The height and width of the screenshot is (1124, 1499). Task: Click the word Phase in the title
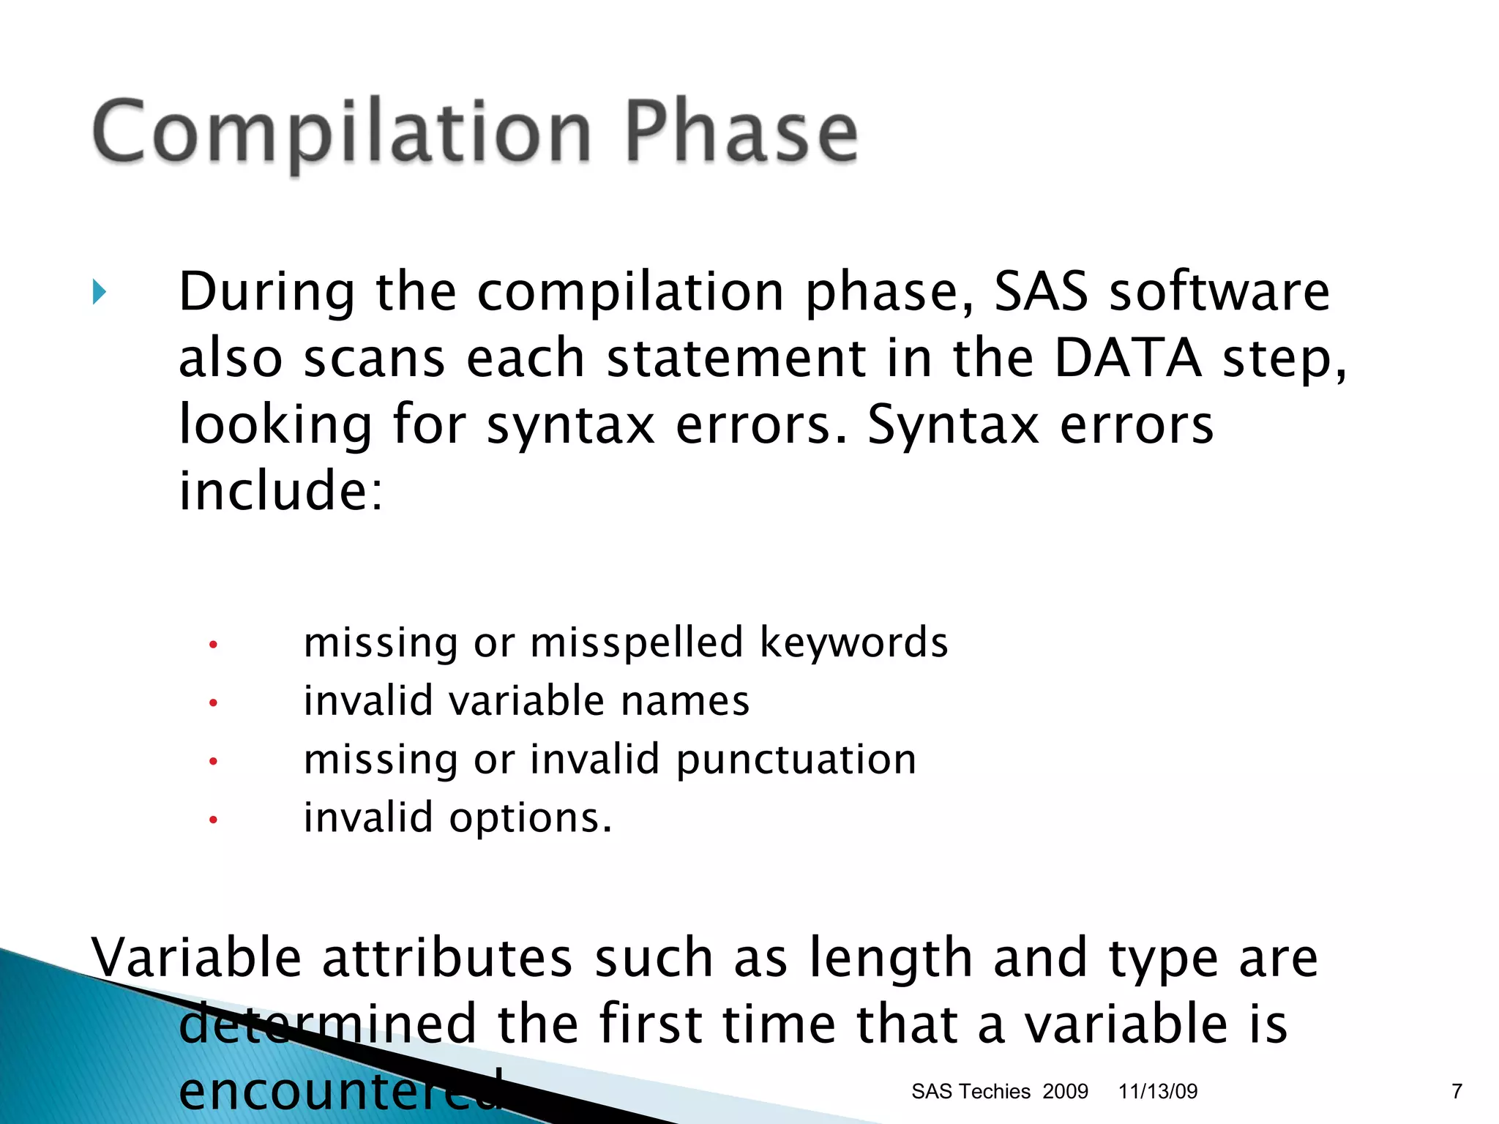741,132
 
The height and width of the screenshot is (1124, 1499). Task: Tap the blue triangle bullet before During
100,293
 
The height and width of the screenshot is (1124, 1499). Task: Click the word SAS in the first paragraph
1041,292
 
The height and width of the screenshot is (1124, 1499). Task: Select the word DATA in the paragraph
1128,359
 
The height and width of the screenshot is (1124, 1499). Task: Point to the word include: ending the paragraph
281,491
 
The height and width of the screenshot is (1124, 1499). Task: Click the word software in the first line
1219,292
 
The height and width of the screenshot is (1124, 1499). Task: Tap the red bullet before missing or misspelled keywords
213,645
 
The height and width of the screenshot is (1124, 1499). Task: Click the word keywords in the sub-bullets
853,642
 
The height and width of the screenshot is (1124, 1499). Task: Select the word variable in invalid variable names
527,701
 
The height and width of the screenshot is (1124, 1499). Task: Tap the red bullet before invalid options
213,820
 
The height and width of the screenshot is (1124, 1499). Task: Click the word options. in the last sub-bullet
531,818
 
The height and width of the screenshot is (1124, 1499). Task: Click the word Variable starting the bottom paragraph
196,958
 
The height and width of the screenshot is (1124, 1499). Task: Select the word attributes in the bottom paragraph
447,958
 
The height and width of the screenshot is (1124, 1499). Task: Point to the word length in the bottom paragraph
891,959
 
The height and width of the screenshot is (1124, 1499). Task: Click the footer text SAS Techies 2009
999,1091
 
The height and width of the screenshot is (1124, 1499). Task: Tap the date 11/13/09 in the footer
1158,1091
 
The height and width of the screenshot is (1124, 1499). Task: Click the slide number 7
1457,1091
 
